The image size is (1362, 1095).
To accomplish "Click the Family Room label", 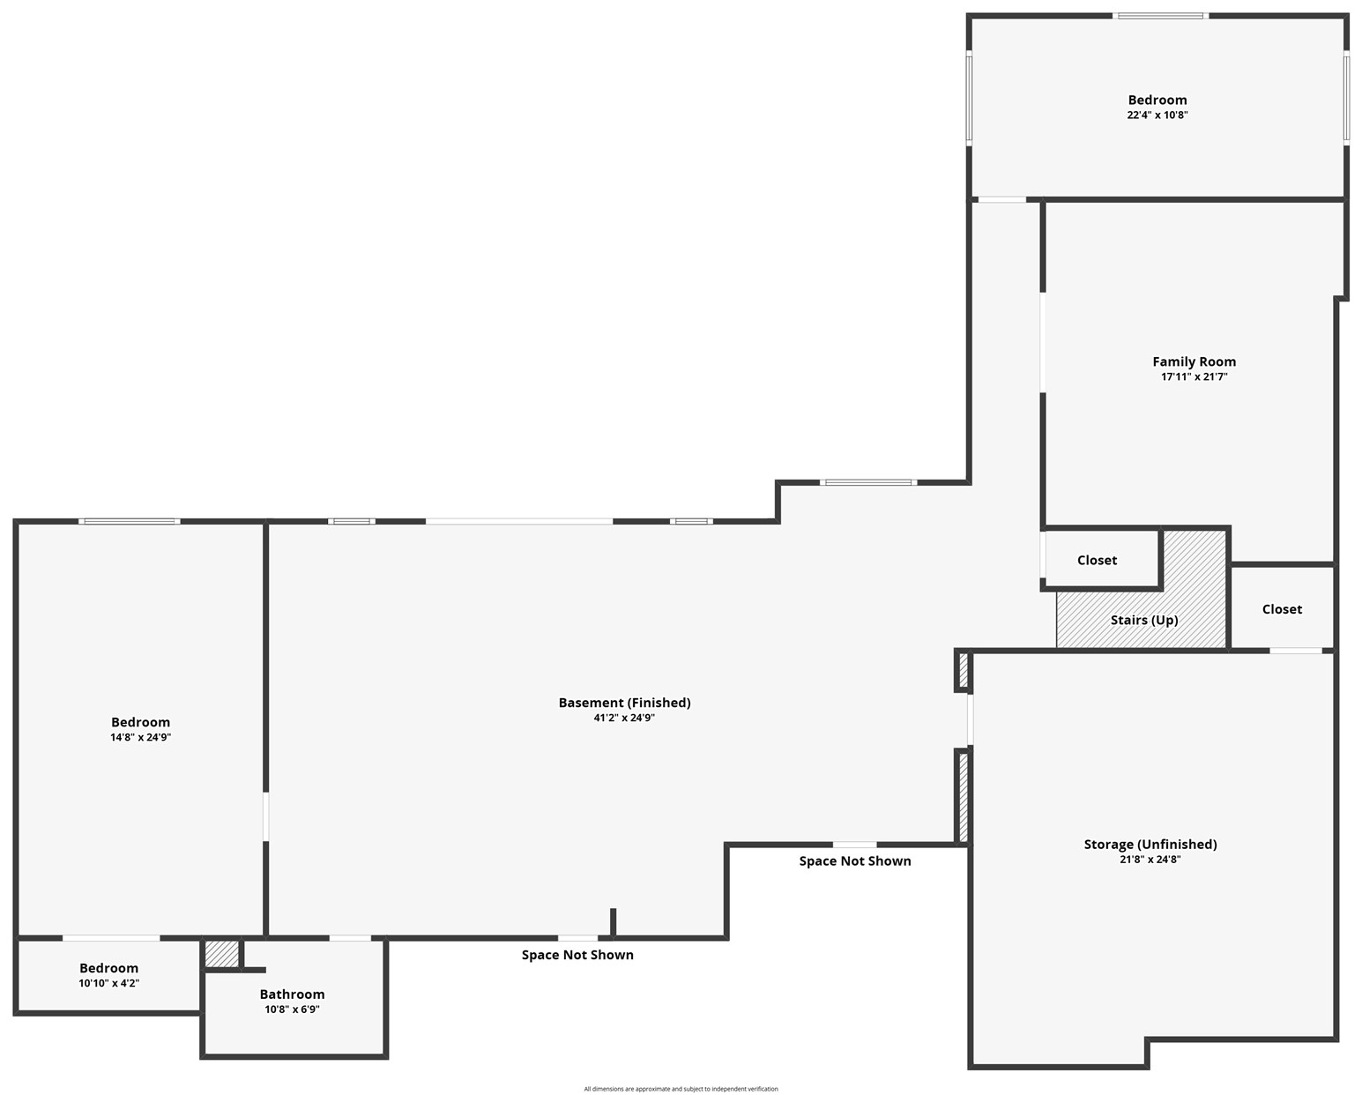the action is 1194,362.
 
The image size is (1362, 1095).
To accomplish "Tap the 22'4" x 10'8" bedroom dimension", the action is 1157,115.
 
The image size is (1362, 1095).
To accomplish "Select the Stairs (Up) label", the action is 1144,621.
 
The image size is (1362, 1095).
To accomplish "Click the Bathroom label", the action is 292,994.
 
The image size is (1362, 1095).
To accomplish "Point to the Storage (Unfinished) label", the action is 1150,845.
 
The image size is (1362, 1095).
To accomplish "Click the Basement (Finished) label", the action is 624,703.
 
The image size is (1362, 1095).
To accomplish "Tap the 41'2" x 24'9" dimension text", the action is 624,718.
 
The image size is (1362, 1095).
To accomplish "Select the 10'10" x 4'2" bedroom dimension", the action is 108,983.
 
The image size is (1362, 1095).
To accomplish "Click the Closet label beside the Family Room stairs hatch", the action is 1097,560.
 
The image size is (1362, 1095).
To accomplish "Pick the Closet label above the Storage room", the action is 1282,609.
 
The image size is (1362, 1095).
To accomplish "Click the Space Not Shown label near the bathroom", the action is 577,955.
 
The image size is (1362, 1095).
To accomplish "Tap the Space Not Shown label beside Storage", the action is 855,860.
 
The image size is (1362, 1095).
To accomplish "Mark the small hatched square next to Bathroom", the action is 222,954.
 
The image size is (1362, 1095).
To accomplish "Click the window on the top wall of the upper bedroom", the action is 1160,16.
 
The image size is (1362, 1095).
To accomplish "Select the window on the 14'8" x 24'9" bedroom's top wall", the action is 129,522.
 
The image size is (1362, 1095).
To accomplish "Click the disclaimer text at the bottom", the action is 681,1089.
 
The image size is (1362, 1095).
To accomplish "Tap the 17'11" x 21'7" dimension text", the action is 1194,376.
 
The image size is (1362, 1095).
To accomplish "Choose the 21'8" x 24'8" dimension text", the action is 1150,860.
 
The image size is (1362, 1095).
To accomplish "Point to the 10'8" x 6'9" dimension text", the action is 292,1009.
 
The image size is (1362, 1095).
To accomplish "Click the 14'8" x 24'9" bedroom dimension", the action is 140,737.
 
